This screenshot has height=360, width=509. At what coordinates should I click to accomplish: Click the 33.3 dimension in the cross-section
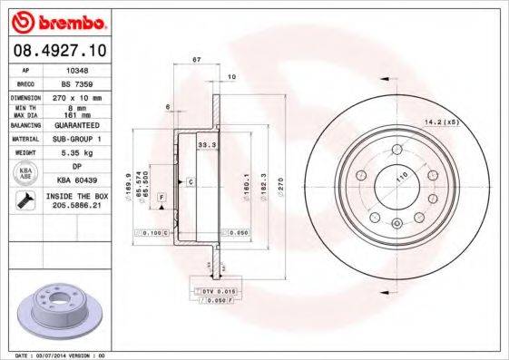(205, 143)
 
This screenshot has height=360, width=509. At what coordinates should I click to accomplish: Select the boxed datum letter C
(191, 182)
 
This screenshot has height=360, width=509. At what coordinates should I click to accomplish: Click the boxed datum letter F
(161, 196)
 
